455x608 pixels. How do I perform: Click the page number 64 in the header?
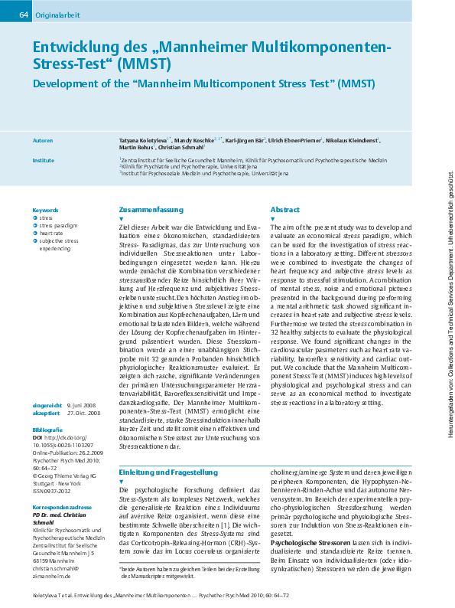click(x=23, y=15)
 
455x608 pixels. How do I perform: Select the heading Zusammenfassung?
click(x=151, y=209)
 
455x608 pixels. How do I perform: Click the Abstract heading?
click(x=285, y=209)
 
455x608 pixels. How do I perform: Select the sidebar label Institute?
click(x=44, y=161)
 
